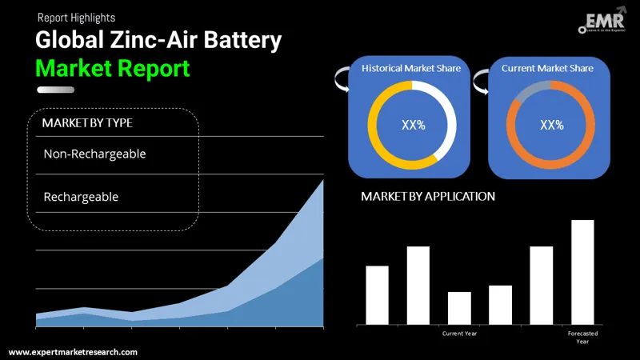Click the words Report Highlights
click(75, 17)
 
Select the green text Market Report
click(113, 68)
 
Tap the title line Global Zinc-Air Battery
click(158, 40)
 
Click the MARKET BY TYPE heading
click(87, 122)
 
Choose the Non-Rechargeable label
click(94, 154)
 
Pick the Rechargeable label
click(81, 196)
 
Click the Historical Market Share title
click(411, 69)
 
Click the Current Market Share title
click(547, 69)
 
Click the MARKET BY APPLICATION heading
click(428, 196)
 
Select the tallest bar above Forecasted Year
click(582, 272)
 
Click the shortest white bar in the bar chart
click(459, 308)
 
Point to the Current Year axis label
click(459, 334)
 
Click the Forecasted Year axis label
click(582, 337)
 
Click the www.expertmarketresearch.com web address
click(73, 352)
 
